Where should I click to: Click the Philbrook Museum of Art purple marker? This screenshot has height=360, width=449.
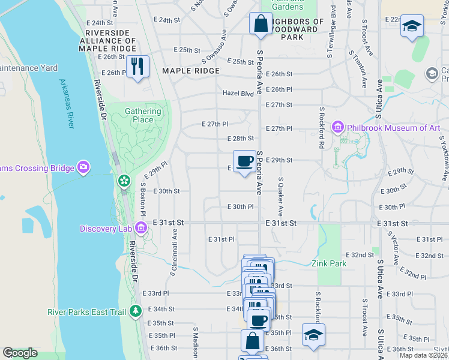tap(337, 128)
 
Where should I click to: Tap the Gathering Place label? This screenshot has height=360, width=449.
tap(143, 115)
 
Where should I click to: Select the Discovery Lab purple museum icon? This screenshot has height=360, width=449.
tap(141, 228)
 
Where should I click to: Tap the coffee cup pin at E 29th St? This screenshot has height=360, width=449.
tap(244, 162)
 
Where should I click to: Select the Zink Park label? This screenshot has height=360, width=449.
tap(330, 263)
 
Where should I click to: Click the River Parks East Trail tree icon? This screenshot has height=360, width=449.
tap(136, 311)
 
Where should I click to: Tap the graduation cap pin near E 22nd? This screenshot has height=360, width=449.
tap(412, 27)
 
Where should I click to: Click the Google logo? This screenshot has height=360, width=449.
tap(20, 353)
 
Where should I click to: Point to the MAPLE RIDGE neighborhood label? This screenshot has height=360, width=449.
tap(190, 71)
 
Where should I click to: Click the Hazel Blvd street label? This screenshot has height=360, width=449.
tap(238, 94)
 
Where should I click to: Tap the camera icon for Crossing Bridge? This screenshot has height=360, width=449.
tap(84, 167)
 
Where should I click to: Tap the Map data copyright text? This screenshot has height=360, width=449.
tap(423, 355)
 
